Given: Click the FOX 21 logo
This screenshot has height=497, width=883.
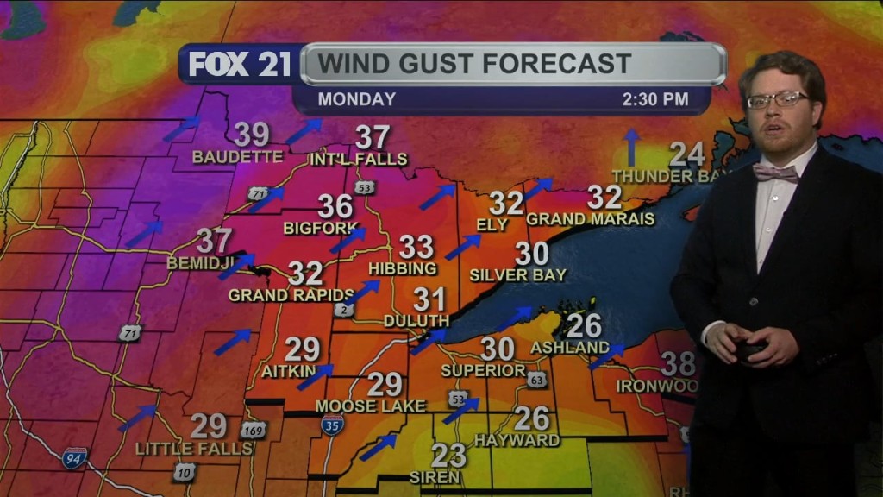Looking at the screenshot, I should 240,65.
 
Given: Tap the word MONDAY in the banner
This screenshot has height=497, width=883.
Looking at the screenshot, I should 356,99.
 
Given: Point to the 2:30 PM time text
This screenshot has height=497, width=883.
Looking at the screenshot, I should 655,99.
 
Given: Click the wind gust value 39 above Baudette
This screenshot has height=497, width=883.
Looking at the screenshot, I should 252,135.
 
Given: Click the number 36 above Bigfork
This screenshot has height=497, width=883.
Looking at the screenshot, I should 335,206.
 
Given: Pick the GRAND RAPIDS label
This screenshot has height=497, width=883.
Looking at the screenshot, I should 291,295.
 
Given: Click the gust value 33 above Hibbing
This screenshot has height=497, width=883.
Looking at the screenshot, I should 416,247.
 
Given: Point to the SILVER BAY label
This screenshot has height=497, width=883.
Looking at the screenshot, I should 517,275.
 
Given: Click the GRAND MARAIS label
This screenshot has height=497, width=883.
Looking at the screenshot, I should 590,219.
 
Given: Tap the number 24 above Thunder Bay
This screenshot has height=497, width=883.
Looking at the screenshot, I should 686,154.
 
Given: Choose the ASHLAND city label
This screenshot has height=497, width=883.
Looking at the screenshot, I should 570,347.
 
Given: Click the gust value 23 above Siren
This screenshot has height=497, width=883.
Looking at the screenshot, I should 448,455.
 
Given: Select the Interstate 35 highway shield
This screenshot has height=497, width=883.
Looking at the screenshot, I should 332,424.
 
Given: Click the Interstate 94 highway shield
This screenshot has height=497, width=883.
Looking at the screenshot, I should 74,457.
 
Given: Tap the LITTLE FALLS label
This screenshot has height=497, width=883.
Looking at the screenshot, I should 194,449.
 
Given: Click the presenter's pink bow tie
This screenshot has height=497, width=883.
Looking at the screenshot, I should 775,173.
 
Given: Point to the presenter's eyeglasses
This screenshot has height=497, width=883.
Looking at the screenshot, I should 777,100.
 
